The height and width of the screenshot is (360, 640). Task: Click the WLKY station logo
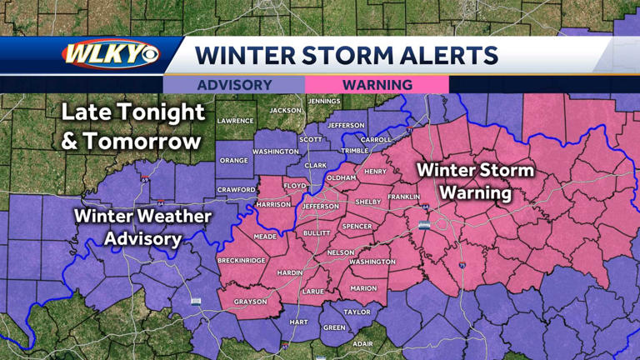pos(109,55)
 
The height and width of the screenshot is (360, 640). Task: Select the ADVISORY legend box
pos(234,85)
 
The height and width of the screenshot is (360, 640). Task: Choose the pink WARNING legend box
pos(377,85)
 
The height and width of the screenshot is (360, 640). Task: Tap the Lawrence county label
pos(235,121)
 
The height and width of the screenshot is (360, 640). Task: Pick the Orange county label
pos(234,160)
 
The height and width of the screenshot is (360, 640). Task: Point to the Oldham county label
pos(342,177)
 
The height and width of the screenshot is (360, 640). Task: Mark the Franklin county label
pos(403,197)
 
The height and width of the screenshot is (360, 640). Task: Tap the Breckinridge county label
pos(242,260)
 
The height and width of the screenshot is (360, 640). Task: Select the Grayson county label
pos(250,302)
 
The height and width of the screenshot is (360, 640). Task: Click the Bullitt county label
pos(317,233)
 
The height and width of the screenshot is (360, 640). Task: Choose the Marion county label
pos(363,288)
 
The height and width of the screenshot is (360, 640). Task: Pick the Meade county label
pos(265,237)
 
